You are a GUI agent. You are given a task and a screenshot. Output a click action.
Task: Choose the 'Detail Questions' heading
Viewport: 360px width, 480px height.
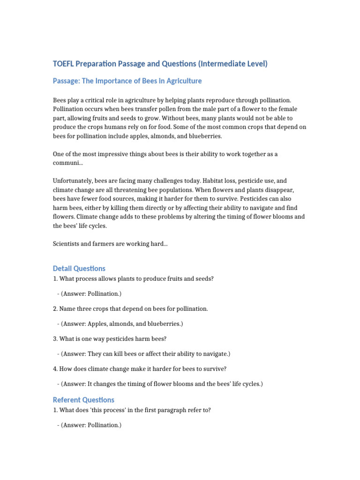[x=79, y=269]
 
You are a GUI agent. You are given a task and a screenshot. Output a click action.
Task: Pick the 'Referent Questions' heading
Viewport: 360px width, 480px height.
[x=83, y=400]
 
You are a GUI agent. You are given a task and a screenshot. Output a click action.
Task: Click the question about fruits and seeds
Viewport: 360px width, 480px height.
[x=133, y=278]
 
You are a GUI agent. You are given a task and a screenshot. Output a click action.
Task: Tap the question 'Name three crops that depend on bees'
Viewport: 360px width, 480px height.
[x=130, y=308]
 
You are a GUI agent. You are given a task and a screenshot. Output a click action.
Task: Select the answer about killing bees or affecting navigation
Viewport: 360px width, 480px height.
[x=145, y=353]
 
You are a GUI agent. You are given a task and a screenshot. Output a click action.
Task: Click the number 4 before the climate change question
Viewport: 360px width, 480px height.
[x=55, y=368]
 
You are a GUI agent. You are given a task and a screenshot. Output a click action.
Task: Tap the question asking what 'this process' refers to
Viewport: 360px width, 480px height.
[x=132, y=410]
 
